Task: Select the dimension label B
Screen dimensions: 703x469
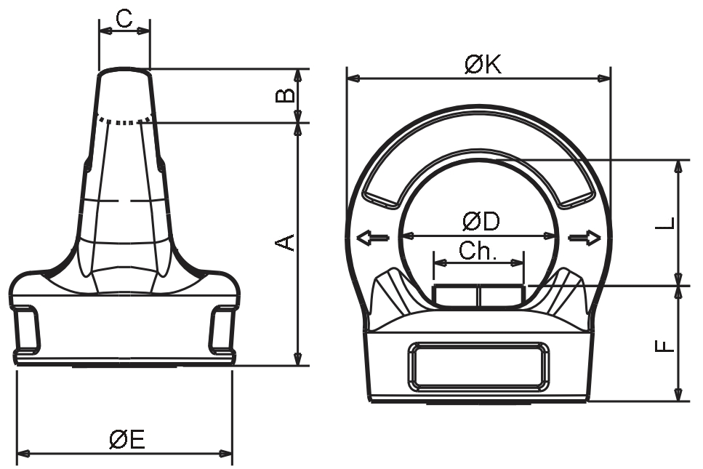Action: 285,95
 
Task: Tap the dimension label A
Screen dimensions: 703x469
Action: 285,242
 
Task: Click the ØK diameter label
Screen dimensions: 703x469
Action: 483,65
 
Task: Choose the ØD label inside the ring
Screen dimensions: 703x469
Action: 481,222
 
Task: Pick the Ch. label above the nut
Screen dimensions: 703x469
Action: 478,251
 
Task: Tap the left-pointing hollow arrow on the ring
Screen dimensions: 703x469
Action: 372,238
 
